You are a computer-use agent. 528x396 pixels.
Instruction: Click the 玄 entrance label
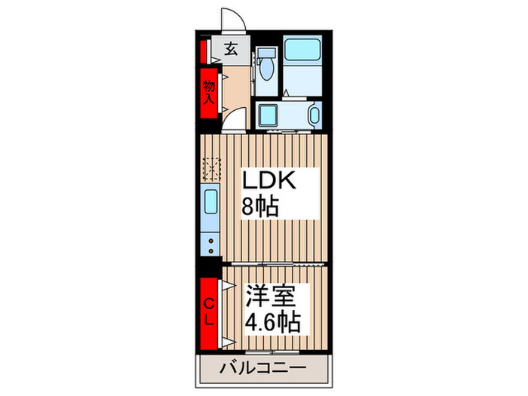point(231,51)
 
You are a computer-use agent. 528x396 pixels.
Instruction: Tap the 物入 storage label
point(208,92)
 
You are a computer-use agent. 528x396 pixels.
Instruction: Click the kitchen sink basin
point(210,203)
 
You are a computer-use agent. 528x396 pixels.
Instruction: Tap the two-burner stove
point(210,243)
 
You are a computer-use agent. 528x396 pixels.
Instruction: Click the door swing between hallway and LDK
point(235,121)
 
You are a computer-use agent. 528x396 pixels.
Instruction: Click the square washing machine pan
point(269,115)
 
